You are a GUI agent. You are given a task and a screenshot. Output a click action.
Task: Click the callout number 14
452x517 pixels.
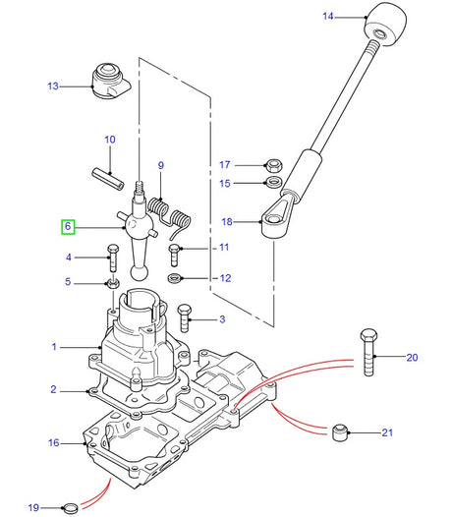point(328,16)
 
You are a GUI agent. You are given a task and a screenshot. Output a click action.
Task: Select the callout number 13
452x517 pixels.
point(52,86)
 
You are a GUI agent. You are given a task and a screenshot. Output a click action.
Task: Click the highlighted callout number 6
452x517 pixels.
point(68,226)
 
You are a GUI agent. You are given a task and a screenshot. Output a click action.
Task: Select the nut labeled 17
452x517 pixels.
point(273,164)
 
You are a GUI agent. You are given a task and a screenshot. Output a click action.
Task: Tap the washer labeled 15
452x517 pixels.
point(273,183)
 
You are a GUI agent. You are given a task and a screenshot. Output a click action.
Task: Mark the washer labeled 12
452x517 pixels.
point(175,279)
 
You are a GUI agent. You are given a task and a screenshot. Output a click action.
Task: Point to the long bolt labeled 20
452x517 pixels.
point(368,351)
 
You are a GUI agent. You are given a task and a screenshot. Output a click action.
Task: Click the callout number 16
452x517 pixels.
point(53,442)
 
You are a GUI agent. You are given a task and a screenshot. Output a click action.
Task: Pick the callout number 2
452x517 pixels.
point(53,390)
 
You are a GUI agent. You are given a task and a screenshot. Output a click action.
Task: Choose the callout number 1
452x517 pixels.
point(55,347)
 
